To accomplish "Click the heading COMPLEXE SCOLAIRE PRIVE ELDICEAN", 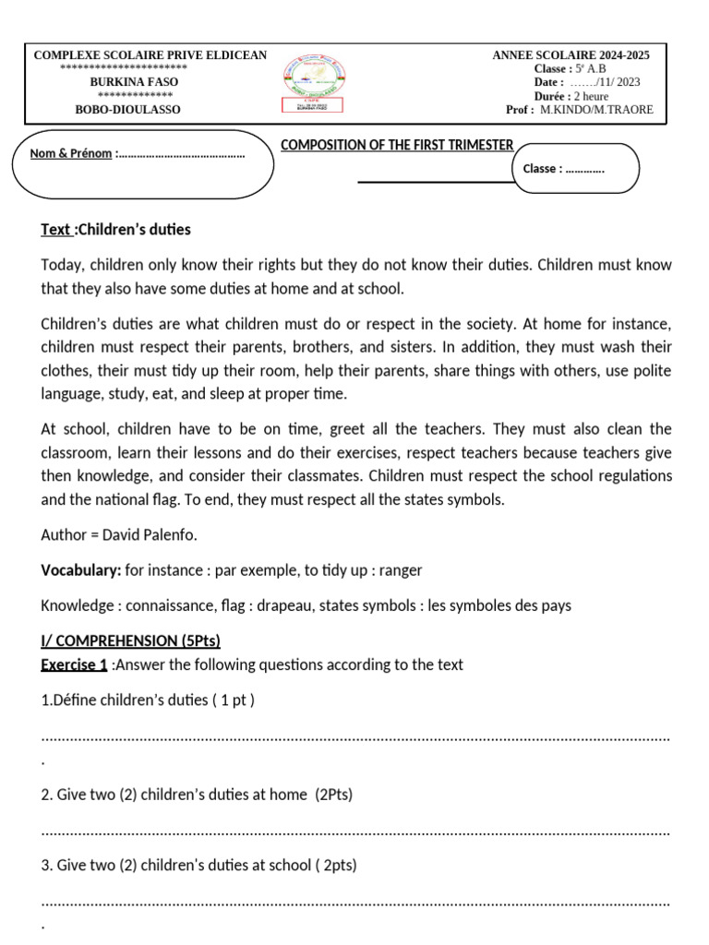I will [150, 55].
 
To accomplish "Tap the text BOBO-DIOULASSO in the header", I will [127, 110].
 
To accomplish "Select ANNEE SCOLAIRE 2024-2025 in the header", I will [571, 55].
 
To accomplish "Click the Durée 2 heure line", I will [571, 96].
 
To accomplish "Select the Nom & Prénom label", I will [71, 153].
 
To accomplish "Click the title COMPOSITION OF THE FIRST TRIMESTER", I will [397, 146].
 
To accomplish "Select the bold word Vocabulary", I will [80, 570].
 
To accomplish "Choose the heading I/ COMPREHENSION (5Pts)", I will [130, 641].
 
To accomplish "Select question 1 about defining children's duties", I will [148, 700].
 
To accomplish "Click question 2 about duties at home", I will [197, 794].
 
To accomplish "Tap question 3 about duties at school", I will [199, 866].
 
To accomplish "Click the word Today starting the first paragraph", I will [60, 265].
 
